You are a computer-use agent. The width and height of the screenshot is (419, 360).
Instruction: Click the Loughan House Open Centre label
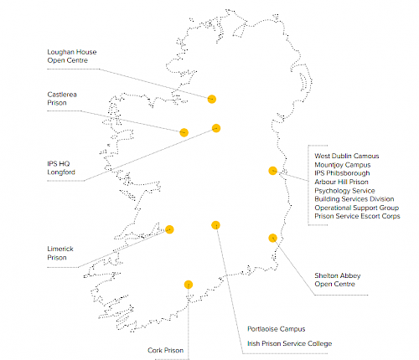(x=72, y=57)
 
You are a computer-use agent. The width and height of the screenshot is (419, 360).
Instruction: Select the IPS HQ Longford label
(x=62, y=167)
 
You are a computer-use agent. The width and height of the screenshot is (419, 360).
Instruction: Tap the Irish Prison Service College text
(x=289, y=343)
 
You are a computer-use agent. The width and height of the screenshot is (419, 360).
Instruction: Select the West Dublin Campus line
(x=347, y=156)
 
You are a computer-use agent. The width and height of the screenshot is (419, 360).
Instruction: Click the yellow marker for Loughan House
(x=212, y=99)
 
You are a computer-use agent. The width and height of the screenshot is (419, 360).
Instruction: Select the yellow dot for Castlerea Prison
(x=184, y=131)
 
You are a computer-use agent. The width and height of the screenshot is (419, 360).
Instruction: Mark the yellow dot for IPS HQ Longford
(x=216, y=128)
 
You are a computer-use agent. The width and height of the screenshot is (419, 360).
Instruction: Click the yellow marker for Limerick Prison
(x=169, y=229)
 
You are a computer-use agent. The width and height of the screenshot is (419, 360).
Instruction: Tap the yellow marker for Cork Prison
(x=188, y=285)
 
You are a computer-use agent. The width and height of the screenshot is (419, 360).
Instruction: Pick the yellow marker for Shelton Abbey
(x=272, y=238)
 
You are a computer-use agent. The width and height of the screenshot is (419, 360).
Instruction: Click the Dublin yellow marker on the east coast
(x=272, y=171)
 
